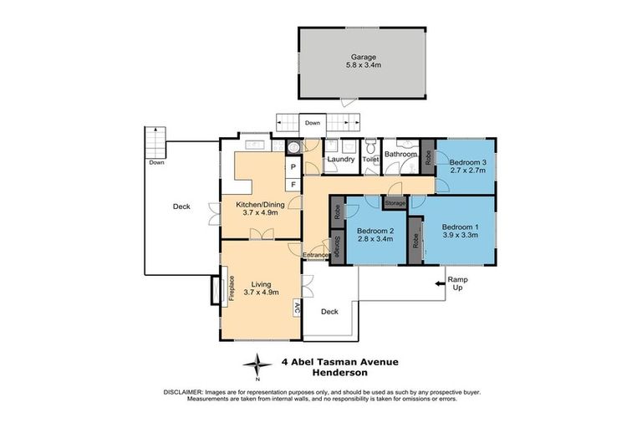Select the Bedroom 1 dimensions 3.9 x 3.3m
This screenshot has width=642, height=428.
pyautogui.click(x=460, y=236)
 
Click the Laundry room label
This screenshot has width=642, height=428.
pyautogui.click(x=341, y=159)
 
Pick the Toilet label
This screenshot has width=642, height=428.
pyautogui.click(x=371, y=158)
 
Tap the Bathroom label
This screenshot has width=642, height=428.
pyautogui.click(x=400, y=154)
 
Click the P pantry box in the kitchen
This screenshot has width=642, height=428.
pyautogui.click(x=293, y=167)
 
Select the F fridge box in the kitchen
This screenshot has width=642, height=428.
pyautogui.click(x=293, y=184)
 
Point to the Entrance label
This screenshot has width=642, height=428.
pyautogui.click(x=317, y=255)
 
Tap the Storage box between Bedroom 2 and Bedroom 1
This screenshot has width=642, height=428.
pyautogui.click(x=395, y=202)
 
